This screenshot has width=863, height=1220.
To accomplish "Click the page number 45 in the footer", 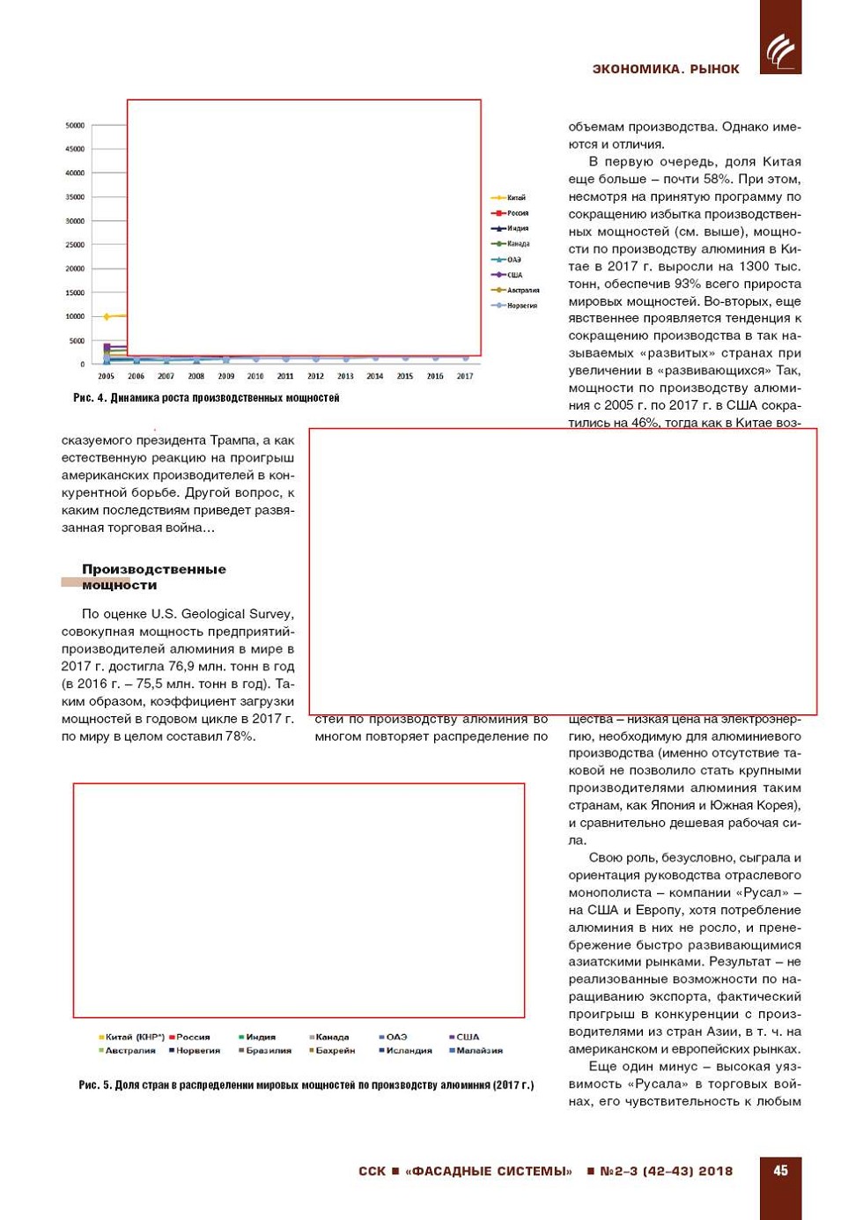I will pos(780,1171).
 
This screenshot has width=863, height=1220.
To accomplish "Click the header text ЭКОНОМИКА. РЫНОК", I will pos(666,69).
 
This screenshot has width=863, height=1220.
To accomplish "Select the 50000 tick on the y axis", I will pos(75,125).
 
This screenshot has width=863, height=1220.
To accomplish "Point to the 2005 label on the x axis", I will pos(107,376).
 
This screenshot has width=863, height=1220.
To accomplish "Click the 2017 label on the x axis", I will pos(465,376).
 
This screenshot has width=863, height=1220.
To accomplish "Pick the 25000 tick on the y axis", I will pos(75,245).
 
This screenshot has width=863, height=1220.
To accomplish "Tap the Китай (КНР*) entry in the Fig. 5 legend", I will pos(132,1037).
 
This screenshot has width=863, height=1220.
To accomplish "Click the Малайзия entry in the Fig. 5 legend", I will pos(477,1050).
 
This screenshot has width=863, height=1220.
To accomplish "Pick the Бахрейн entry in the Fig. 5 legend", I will pos(333,1050).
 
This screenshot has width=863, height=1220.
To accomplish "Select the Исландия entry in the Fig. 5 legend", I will pos(407,1050).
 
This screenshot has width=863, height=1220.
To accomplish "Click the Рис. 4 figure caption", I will pos(206,398).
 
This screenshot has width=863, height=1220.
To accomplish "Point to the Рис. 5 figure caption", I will pos(306,1085).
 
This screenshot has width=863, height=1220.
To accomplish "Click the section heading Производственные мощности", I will pos(153,577).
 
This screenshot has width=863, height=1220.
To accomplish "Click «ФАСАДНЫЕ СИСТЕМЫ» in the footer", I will pos(489,1172).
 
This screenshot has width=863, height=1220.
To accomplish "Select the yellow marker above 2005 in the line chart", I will pos(107,316).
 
